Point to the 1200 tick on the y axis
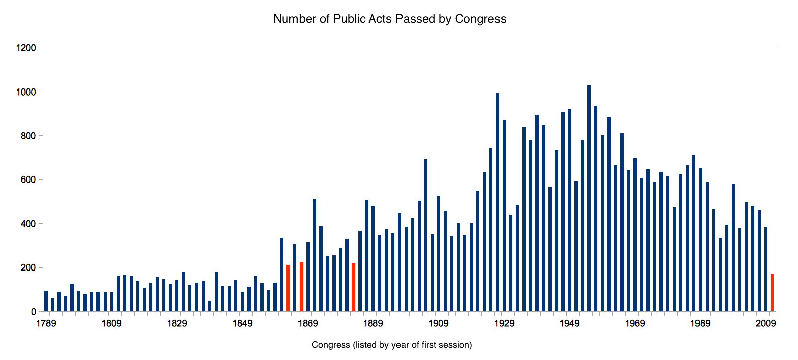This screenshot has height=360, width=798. pos(26,48)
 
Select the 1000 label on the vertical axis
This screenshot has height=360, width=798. pos(26,92)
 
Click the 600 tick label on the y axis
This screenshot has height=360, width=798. pos(28,180)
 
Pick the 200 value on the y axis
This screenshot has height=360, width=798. pos(28,268)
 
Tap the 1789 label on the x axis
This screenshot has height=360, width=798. pos(46,323)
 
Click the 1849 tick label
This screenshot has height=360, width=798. pos(242,323)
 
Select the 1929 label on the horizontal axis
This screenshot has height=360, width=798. pos(504,323)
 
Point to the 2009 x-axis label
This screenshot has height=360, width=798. pos(766,323)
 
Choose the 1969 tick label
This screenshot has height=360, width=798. pos(635,323)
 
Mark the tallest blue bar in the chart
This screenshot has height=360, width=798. pos(589,199)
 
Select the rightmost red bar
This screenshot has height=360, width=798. pos(772,293)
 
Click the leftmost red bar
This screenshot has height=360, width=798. pos(288,288)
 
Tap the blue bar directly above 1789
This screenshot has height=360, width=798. pos(46,301)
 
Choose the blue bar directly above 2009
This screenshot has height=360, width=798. pos(766,269)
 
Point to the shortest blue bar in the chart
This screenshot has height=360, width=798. pos(210,306)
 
